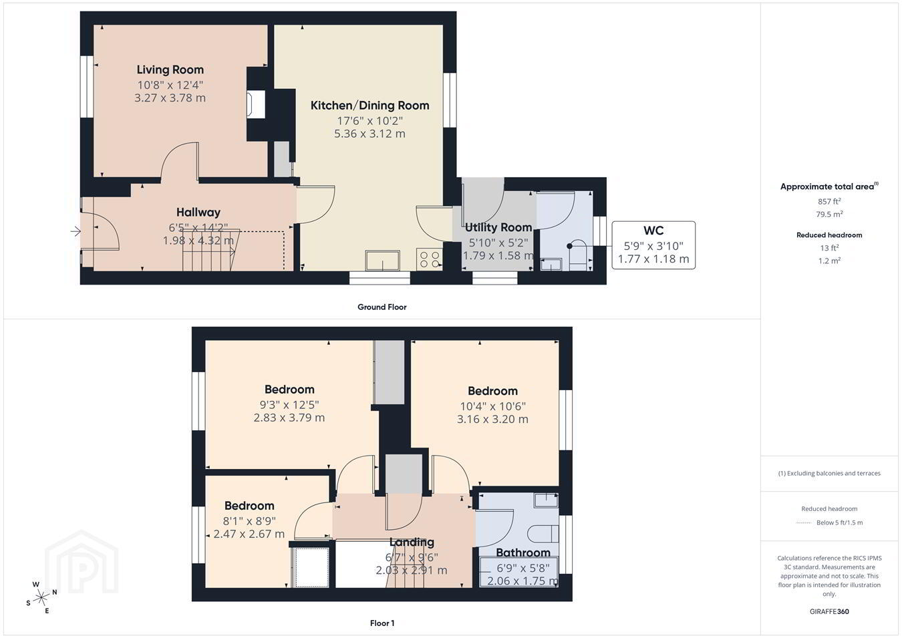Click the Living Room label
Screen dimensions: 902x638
coord(170,70)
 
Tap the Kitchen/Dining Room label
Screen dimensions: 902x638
coord(369,106)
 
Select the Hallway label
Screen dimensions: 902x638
coord(198,212)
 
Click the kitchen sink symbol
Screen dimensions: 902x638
coord(383,261)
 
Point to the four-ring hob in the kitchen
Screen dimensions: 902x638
coord(429,259)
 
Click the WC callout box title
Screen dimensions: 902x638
coord(653,230)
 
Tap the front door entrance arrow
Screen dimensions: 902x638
coord(76,231)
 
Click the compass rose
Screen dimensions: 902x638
coord(41,597)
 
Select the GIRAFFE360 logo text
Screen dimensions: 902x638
coord(829,611)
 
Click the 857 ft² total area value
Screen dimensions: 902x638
coord(829,201)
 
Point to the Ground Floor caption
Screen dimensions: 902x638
coord(382,307)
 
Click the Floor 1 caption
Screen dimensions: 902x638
coord(382,623)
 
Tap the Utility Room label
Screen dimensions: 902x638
coord(498,227)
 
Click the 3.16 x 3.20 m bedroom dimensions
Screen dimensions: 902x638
coord(492,420)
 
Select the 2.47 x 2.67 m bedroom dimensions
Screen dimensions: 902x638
coord(249,534)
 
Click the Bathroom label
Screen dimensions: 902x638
coord(523,552)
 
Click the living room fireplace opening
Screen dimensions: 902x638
coord(256,105)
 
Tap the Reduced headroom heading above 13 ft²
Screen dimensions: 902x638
coord(829,235)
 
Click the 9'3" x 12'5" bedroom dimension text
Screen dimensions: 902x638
coord(289,405)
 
